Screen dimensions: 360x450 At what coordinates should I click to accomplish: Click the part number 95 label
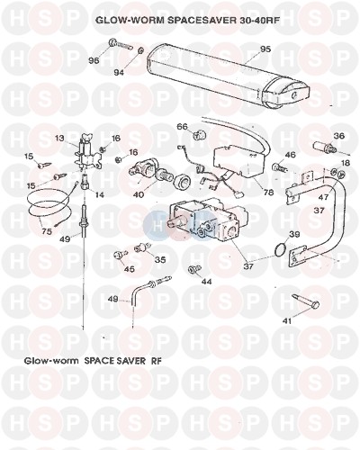pos(265,49)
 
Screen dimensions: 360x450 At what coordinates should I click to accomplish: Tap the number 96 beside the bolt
pos(94,60)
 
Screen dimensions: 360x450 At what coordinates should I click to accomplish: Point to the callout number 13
pos(60,138)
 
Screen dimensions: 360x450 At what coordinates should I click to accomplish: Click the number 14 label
pos(100,194)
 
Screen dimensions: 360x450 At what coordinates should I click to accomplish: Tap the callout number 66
pos(182,126)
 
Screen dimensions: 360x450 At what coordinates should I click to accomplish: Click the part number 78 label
pos(268,192)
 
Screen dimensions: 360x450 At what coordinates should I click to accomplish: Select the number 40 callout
pos(139,194)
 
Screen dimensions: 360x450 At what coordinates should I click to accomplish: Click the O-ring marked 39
pos(281,249)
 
